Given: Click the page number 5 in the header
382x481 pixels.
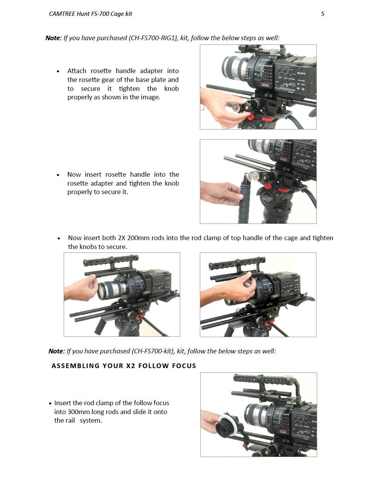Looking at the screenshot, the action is pyautogui.click(x=323, y=14).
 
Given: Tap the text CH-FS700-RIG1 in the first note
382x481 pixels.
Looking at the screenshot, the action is pyautogui.click(x=153, y=38).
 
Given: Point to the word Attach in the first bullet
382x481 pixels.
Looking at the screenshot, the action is pyautogui.click(x=77, y=71).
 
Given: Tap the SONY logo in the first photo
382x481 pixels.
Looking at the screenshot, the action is pyautogui.click(x=301, y=73).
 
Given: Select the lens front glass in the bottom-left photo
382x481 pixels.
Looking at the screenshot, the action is pyautogui.click(x=103, y=291).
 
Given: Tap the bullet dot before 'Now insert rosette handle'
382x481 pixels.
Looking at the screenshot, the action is pyautogui.click(x=58, y=175).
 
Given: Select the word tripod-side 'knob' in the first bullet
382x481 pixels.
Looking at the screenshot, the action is pyautogui.click(x=171, y=89).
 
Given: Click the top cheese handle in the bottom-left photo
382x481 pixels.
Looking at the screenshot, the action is pyautogui.click(x=111, y=260).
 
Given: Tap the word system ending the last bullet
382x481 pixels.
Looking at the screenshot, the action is pyautogui.click(x=91, y=420).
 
